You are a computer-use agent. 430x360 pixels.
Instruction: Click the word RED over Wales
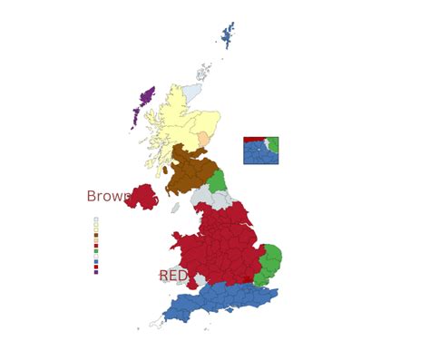pyautogui.click(x=173, y=275)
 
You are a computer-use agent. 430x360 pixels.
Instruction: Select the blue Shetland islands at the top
pyautogui.click(x=227, y=36)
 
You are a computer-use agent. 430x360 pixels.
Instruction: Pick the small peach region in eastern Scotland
pyautogui.click(x=204, y=139)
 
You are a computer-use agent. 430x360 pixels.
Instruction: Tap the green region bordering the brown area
pyautogui.click(x=217, y=180)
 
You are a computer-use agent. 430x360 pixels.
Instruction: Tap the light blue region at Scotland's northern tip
pyautogui.click(x=192, y=92)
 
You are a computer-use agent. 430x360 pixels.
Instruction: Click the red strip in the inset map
pyautogui.click(x=253, y=140)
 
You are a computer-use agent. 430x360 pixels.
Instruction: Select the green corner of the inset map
pyautogui.click(x=273, y=145)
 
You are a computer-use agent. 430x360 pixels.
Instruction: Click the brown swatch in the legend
pyautogui.click(x=96, y=235)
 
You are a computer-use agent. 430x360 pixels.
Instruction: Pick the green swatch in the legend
pyautogui.click(x=96, y=250)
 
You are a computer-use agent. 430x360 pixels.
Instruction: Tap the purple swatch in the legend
pyautogui.click(x=96, y=271)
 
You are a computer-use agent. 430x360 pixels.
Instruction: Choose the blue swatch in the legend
pyautogui.click(x=96, y=261)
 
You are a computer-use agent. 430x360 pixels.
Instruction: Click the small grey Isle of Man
pyautogui.click(x=175, y=208)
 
